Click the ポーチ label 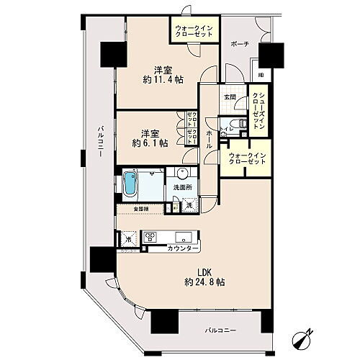coord(240,44)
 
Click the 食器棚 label coord(140,210)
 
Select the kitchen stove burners coord(152,236)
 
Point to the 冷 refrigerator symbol coord(128,238)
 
